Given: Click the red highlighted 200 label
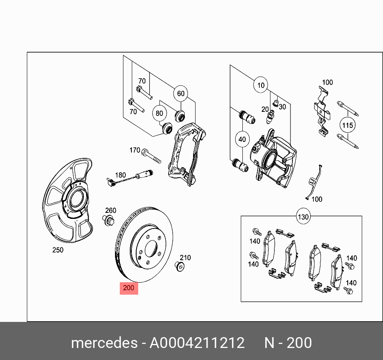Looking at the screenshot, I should point(129,288).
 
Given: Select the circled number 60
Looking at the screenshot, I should point(181,93).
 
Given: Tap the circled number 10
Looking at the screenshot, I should point(261,85).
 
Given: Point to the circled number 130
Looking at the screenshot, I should point(303,217).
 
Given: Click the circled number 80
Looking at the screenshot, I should point(159,113).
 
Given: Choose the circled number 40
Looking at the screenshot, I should point(242,140).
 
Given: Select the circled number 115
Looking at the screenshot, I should point(348,125).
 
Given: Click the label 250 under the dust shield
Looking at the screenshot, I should point(58,250).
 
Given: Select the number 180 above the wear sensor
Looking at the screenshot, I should point(120,175).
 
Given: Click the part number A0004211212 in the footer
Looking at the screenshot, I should point(197,343).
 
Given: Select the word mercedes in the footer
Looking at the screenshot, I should point(103,343).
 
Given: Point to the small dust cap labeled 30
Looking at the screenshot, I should point(275,103).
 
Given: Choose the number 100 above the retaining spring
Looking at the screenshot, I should point(327,83).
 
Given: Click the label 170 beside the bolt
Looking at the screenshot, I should point(135,150).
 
